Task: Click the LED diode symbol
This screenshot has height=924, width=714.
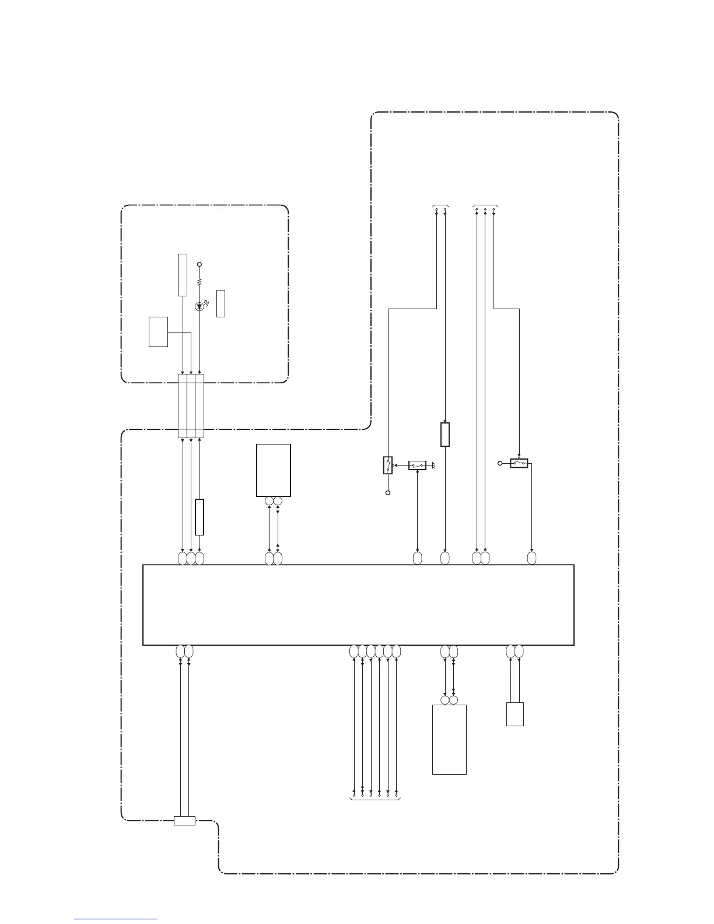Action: coord(199,306)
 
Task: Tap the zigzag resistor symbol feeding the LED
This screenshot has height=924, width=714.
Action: coord(199,282)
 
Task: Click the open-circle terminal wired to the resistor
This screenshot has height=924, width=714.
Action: coord(199,265)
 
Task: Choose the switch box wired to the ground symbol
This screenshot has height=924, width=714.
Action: coord(417,465)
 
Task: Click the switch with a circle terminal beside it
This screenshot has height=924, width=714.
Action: coord(519,463)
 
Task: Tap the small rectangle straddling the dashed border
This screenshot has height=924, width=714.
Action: coord(184,821)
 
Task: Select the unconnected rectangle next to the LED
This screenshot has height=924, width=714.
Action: coord(220,303)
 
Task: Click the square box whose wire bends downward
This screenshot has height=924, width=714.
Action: coord(158,332)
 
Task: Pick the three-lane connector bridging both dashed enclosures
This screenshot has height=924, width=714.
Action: coord(191,406)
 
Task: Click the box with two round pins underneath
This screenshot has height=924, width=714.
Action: coord(274,470)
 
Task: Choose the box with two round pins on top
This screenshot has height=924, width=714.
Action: coord(449,739)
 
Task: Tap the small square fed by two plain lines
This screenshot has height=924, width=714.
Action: coord(514,714)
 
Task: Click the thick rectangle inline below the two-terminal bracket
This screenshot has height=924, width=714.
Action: coord(445,434)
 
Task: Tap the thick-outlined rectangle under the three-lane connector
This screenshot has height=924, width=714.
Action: coord(199,517)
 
